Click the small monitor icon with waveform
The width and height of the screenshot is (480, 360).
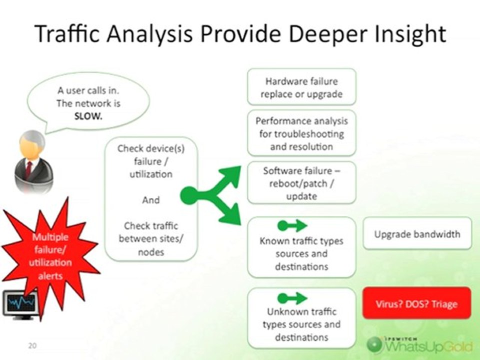pyautogui.click(x=20, y=303)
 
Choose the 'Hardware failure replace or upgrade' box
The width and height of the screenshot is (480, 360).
pyautogui.click(x=301, y=87)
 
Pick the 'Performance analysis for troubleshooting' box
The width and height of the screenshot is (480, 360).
pyautogui.click(x=301, y=133)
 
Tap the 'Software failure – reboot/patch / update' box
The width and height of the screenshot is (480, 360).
pyautogui.click(x=301, y=182)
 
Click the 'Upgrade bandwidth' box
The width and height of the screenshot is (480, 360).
pyautogui.click(x=417, y=233)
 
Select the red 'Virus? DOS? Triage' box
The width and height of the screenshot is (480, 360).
pyautogui.click(x=416, y=303)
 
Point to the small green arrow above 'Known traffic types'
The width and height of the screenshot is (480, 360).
pyautogui.click(x=292, y=226)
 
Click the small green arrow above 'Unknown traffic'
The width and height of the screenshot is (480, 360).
pyautogui.click(x=292, y=298)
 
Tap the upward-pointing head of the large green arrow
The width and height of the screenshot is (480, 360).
pyautogui.click(x=229, y=177)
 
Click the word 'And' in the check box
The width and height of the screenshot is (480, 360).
pyautogui.click(x=151, y=200)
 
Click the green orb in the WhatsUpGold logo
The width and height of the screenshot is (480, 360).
pyautogui.click(x=375, y=344)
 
